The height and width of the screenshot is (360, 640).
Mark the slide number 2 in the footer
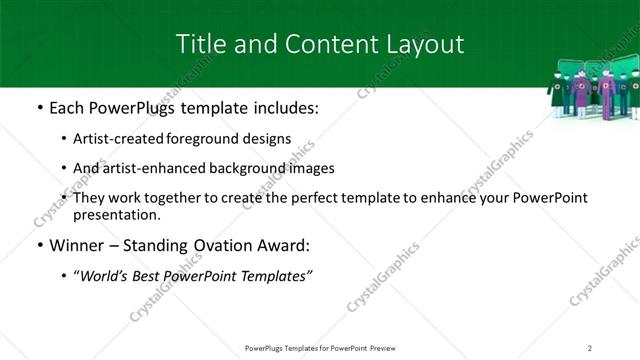589,348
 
